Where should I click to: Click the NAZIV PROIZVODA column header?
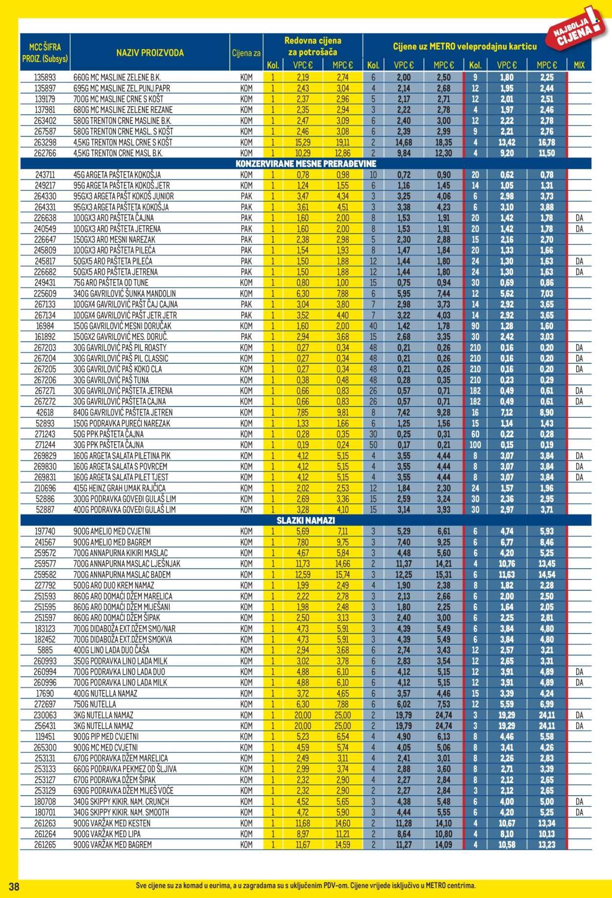click(150, 53)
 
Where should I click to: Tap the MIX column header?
click(579, 65)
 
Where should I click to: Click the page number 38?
click(14, 886)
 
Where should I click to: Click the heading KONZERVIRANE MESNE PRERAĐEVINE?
click(306, 164)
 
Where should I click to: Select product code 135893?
click(45, 77)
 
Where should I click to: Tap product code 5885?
click(45, 650)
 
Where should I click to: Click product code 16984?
click(45, 326)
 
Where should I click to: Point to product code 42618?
click(45, 412)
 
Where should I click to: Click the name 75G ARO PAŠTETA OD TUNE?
click(111, 283)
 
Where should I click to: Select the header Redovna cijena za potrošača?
click(312, 47)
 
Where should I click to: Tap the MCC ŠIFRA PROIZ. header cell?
click(45, 53)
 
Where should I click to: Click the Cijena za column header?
click(246, 53)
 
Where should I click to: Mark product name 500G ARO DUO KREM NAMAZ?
click(114, 585)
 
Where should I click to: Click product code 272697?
click(45, 704)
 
